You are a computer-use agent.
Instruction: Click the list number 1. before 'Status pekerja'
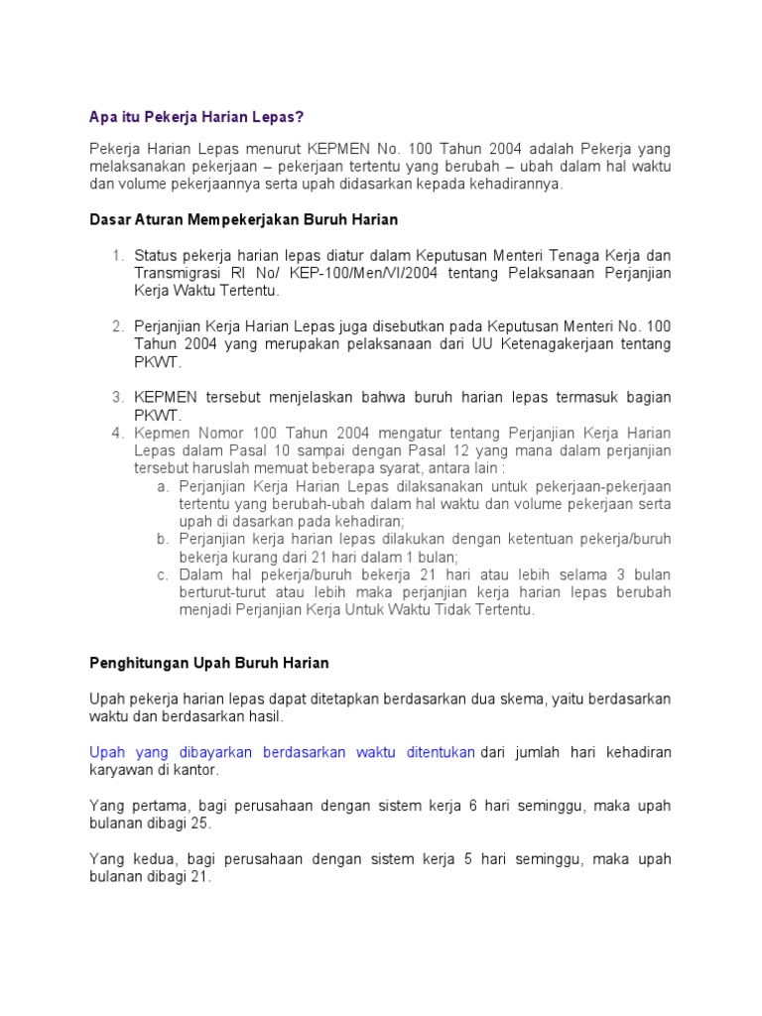pos(117,255)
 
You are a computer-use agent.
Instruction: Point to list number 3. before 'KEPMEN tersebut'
pos(117,397)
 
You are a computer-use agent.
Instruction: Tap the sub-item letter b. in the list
pos(163,540)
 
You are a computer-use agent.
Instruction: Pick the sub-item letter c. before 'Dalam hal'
pos(163,575)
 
